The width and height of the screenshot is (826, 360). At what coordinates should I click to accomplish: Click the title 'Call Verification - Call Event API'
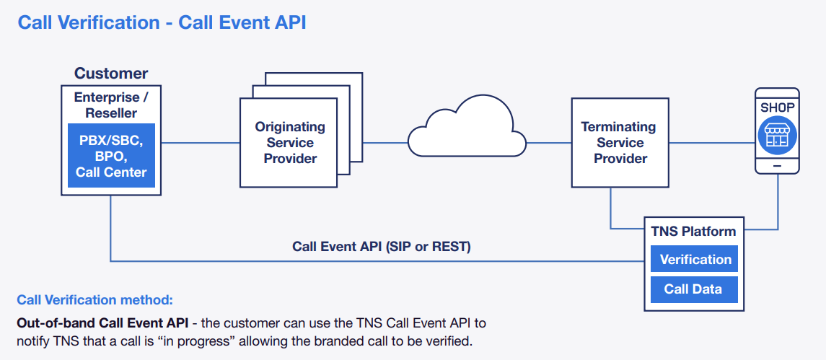pos(162,22)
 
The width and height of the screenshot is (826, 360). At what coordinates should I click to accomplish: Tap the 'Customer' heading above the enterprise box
pos(111,74)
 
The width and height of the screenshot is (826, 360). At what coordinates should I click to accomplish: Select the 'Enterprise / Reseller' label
pos(111,105)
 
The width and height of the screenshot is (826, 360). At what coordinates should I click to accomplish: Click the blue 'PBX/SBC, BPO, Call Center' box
pos(111,156)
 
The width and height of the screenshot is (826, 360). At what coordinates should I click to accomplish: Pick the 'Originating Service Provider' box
pos(290,142)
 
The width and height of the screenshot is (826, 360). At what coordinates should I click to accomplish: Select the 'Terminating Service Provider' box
pos(618,142)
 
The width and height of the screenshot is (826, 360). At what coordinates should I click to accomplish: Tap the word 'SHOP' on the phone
pos(777,107)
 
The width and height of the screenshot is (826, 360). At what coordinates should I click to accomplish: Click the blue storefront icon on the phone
pos(777,136)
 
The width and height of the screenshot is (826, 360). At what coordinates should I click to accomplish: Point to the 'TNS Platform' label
pos(693,232)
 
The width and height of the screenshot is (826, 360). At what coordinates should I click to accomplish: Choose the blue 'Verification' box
pos(695,260)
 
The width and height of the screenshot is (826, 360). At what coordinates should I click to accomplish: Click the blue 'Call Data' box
pos(693,289)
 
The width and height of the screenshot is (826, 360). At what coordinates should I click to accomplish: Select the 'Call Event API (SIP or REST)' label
pos(381,247)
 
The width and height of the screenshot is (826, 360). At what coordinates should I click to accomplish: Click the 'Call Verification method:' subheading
pos(95,299)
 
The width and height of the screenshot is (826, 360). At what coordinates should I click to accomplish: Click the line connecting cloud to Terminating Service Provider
pos(548,142)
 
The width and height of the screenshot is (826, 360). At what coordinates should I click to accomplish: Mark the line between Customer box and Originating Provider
pos(201,142)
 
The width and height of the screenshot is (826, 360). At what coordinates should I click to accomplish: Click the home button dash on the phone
pos(777,165)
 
